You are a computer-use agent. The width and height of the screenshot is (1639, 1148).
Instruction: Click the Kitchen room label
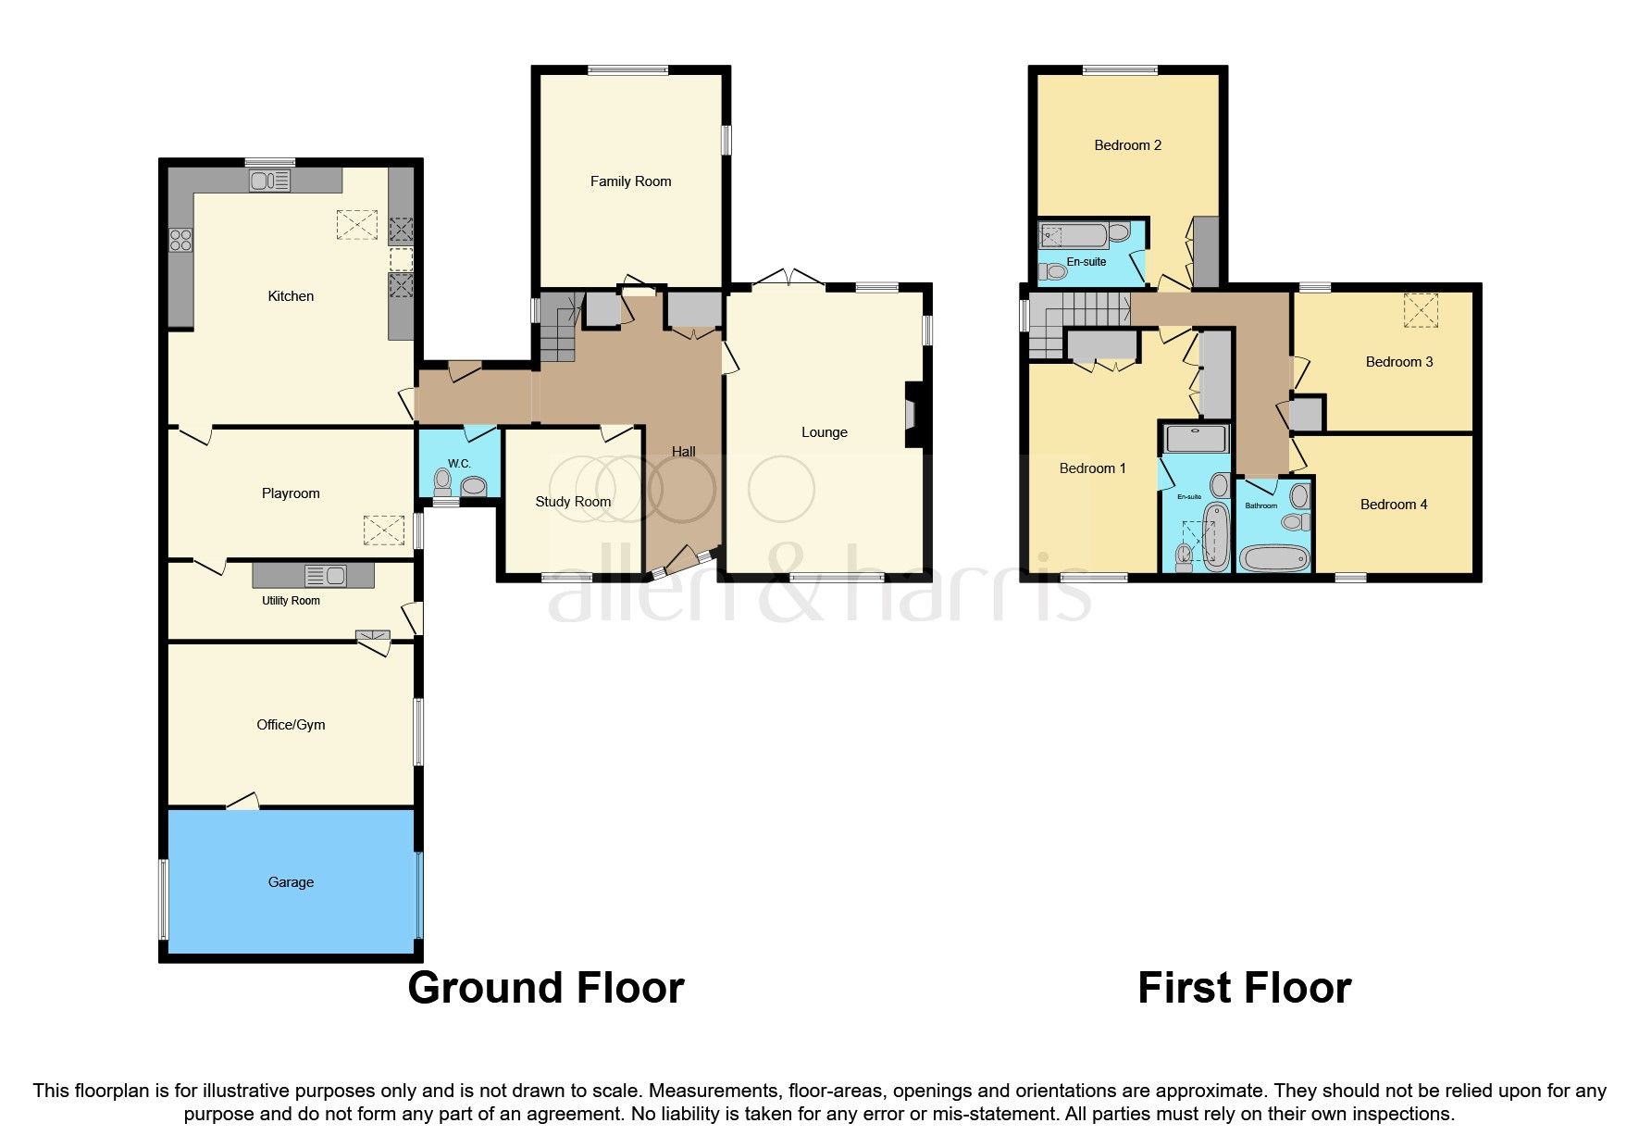tap(291, 296)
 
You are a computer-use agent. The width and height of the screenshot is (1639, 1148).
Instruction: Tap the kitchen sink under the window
tap(269, 181)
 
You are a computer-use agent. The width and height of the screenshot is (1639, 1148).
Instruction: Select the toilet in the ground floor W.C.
tap(442, 482)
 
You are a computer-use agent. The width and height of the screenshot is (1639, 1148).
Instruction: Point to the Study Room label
tap(573, 502)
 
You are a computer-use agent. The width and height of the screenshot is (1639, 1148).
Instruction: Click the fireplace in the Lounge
tap(913, 415)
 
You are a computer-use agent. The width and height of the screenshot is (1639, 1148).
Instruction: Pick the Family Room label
tap(630, 181)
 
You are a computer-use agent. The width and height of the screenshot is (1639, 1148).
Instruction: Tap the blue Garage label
tap(291, 882)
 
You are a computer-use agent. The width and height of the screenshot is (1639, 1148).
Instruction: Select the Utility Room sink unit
tap(313, 576)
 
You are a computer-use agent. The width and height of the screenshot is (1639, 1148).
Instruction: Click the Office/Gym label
tap(291, 725)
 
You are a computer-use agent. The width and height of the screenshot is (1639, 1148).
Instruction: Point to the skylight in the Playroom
tap(383, 530)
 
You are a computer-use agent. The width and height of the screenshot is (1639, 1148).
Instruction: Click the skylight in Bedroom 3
tap(1424, 310)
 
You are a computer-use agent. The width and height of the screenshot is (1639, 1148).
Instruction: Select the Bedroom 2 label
tap(1127, 145)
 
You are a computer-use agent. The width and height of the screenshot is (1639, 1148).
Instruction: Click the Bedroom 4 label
tap(1393, 505)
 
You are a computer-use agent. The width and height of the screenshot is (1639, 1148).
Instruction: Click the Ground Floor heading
tap(545, 988)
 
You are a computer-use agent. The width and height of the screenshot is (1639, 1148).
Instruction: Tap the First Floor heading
tap(1244, 988)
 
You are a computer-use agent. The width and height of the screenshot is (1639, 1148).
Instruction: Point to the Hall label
tap(683, 452)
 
